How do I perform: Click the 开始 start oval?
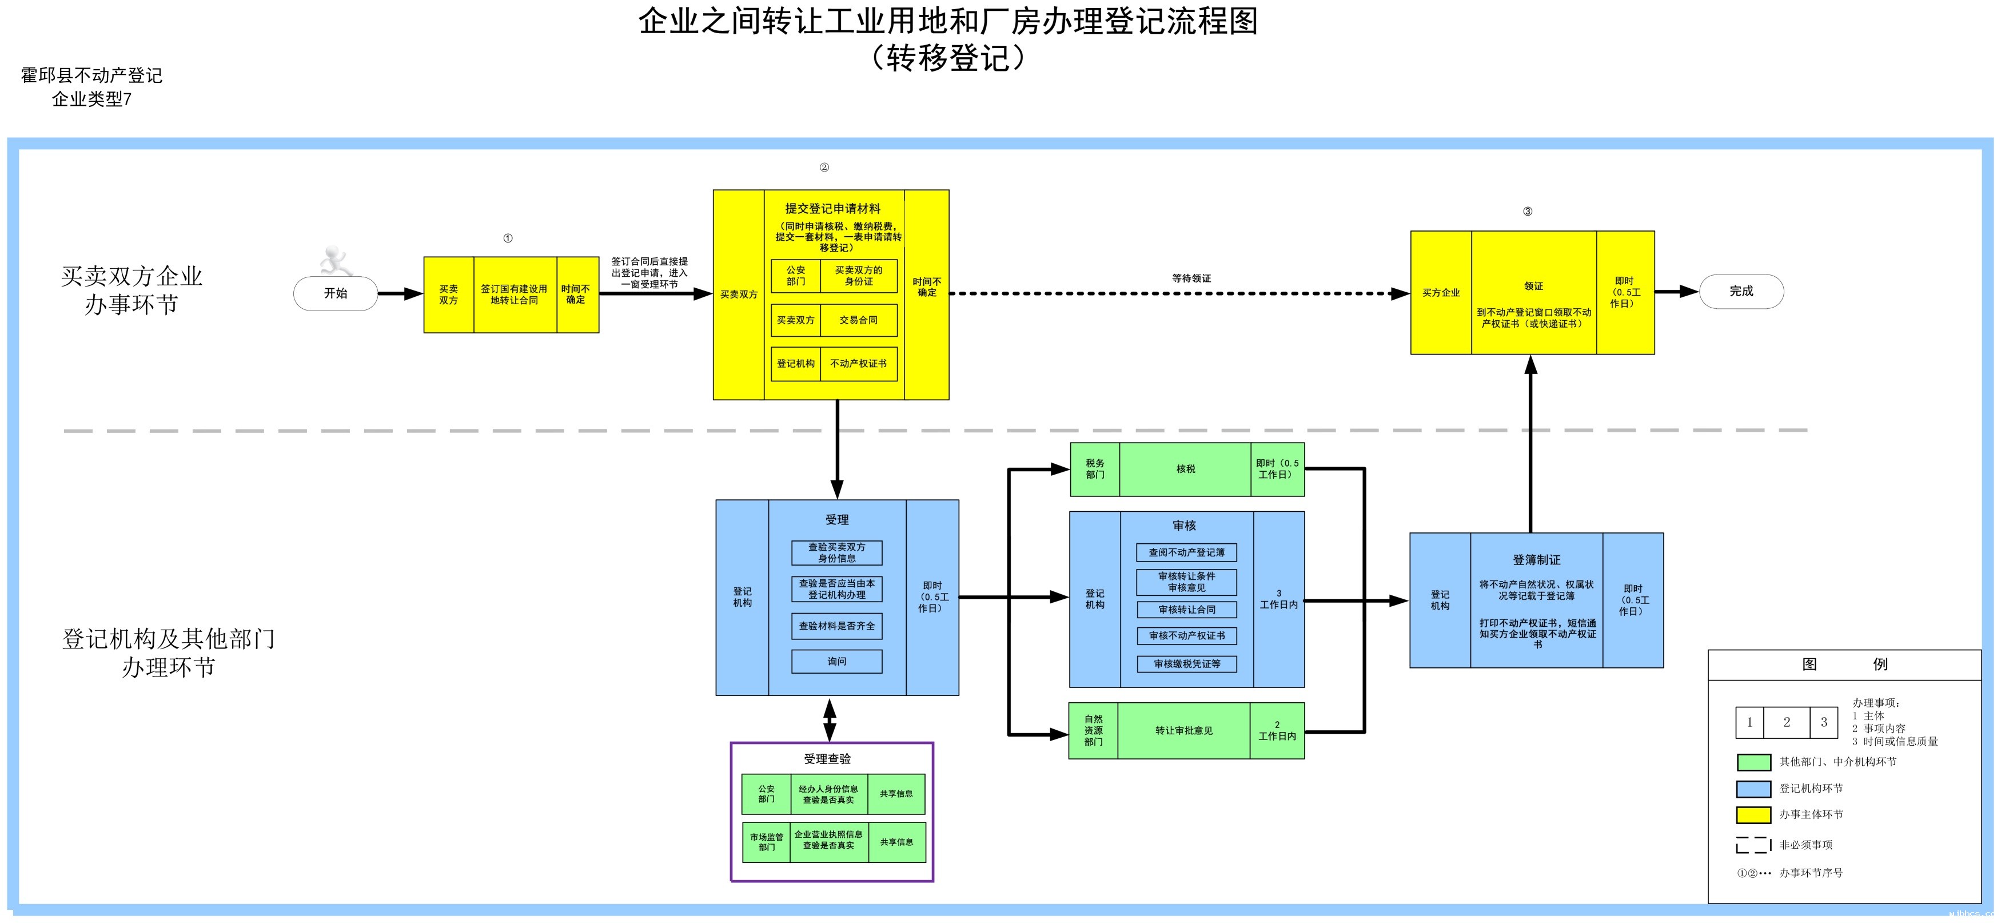[x=336, y=293]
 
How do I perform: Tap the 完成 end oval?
[x=1741, y=291]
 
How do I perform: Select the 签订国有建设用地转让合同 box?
[x=514, y=295]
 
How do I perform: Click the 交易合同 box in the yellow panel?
[x=858, y=320]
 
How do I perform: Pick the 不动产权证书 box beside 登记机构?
[x=858, y=364]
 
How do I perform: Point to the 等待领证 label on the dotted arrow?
[x=1191, y=278]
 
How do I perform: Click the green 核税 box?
[x=1185, y=470]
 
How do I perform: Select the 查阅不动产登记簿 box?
[x=1186, y=552]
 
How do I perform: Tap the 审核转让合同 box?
[x=1186, y=610]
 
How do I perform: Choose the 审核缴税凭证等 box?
[x=1186, y=665]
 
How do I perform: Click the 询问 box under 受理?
[x=836, y=661]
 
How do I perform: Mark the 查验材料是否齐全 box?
[x=836, y=626]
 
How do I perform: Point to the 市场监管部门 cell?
[x=766, y=842]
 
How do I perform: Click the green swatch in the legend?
[x=1753, y=762]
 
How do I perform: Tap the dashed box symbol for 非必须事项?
[x=1753, y=845]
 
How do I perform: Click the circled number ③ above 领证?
[x=1527, y=212]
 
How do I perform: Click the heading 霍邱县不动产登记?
[x=91, y=75]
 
